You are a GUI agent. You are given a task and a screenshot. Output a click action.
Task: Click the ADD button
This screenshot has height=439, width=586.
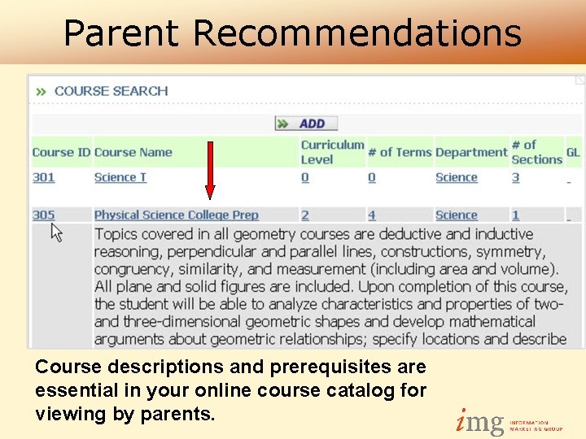point(307,124)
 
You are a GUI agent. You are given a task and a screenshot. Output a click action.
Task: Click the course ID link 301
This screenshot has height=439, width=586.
point(43,177)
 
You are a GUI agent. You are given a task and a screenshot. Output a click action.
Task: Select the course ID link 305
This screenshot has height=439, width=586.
point(43,215)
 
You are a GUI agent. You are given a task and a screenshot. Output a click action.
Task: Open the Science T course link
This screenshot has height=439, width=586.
point(120,177)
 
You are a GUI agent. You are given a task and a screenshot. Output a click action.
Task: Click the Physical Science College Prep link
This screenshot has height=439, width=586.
point(176,215)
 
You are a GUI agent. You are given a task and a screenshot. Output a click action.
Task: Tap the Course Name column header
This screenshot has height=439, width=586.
point(133,152)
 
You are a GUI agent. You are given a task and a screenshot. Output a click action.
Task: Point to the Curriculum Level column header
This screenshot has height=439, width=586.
point(332,152)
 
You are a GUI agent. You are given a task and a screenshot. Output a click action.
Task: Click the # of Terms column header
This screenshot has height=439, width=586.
point(399,152)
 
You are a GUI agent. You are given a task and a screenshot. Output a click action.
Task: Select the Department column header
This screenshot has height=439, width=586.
point(470,152)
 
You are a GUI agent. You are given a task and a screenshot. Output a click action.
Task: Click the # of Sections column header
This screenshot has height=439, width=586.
point(536,152)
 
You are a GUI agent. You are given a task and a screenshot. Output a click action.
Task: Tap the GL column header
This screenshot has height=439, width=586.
point(573,152)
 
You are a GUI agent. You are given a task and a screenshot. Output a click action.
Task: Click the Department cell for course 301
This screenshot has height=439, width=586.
point(456,177)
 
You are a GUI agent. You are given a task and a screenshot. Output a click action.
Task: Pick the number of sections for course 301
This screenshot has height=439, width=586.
point(515,177)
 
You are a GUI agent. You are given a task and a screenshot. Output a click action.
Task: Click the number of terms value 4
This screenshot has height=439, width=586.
point(371,215)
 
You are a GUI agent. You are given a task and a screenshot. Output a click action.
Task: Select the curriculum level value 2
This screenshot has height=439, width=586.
point(304,215)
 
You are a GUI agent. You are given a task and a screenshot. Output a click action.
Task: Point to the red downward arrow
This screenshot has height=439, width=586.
point(209,171)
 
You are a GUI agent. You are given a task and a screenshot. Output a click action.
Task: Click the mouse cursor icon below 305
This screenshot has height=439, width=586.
point(56,233)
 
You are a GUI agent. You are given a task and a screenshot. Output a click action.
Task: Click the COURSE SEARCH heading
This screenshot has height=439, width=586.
point(111,91)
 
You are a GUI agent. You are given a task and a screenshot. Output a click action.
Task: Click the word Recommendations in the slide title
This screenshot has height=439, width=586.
point(357,33)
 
